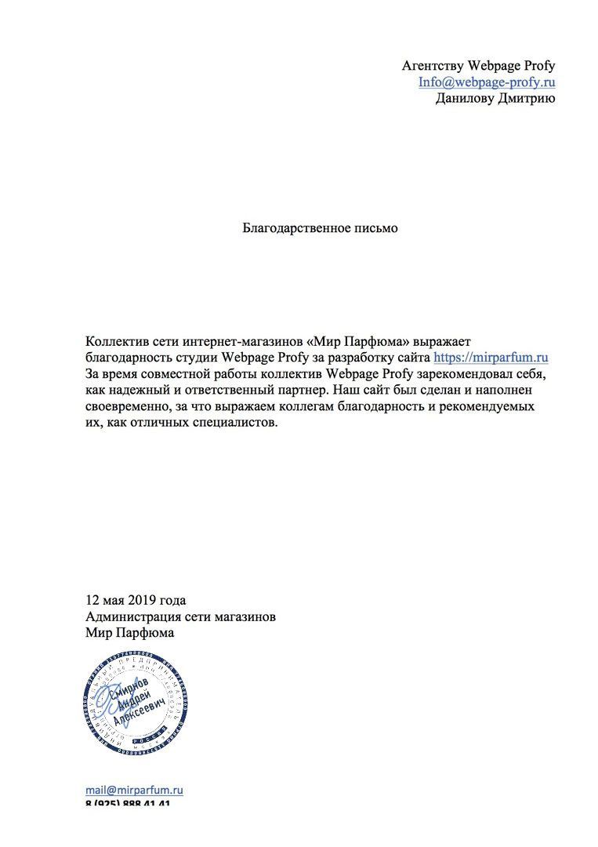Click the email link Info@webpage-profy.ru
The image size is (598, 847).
tap(487, 82)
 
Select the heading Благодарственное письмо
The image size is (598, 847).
tap(320, 228)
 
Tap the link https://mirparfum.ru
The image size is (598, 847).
tap(491, 358)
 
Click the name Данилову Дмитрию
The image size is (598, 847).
tap(495, 98)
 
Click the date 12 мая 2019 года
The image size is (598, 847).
tap(136, 601)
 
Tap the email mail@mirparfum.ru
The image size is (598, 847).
tap(134, 791)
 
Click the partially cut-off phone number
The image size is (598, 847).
tap(128, 805)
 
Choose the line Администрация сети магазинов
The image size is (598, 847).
tap(180, 617)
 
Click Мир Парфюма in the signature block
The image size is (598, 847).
tap(130, 633)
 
